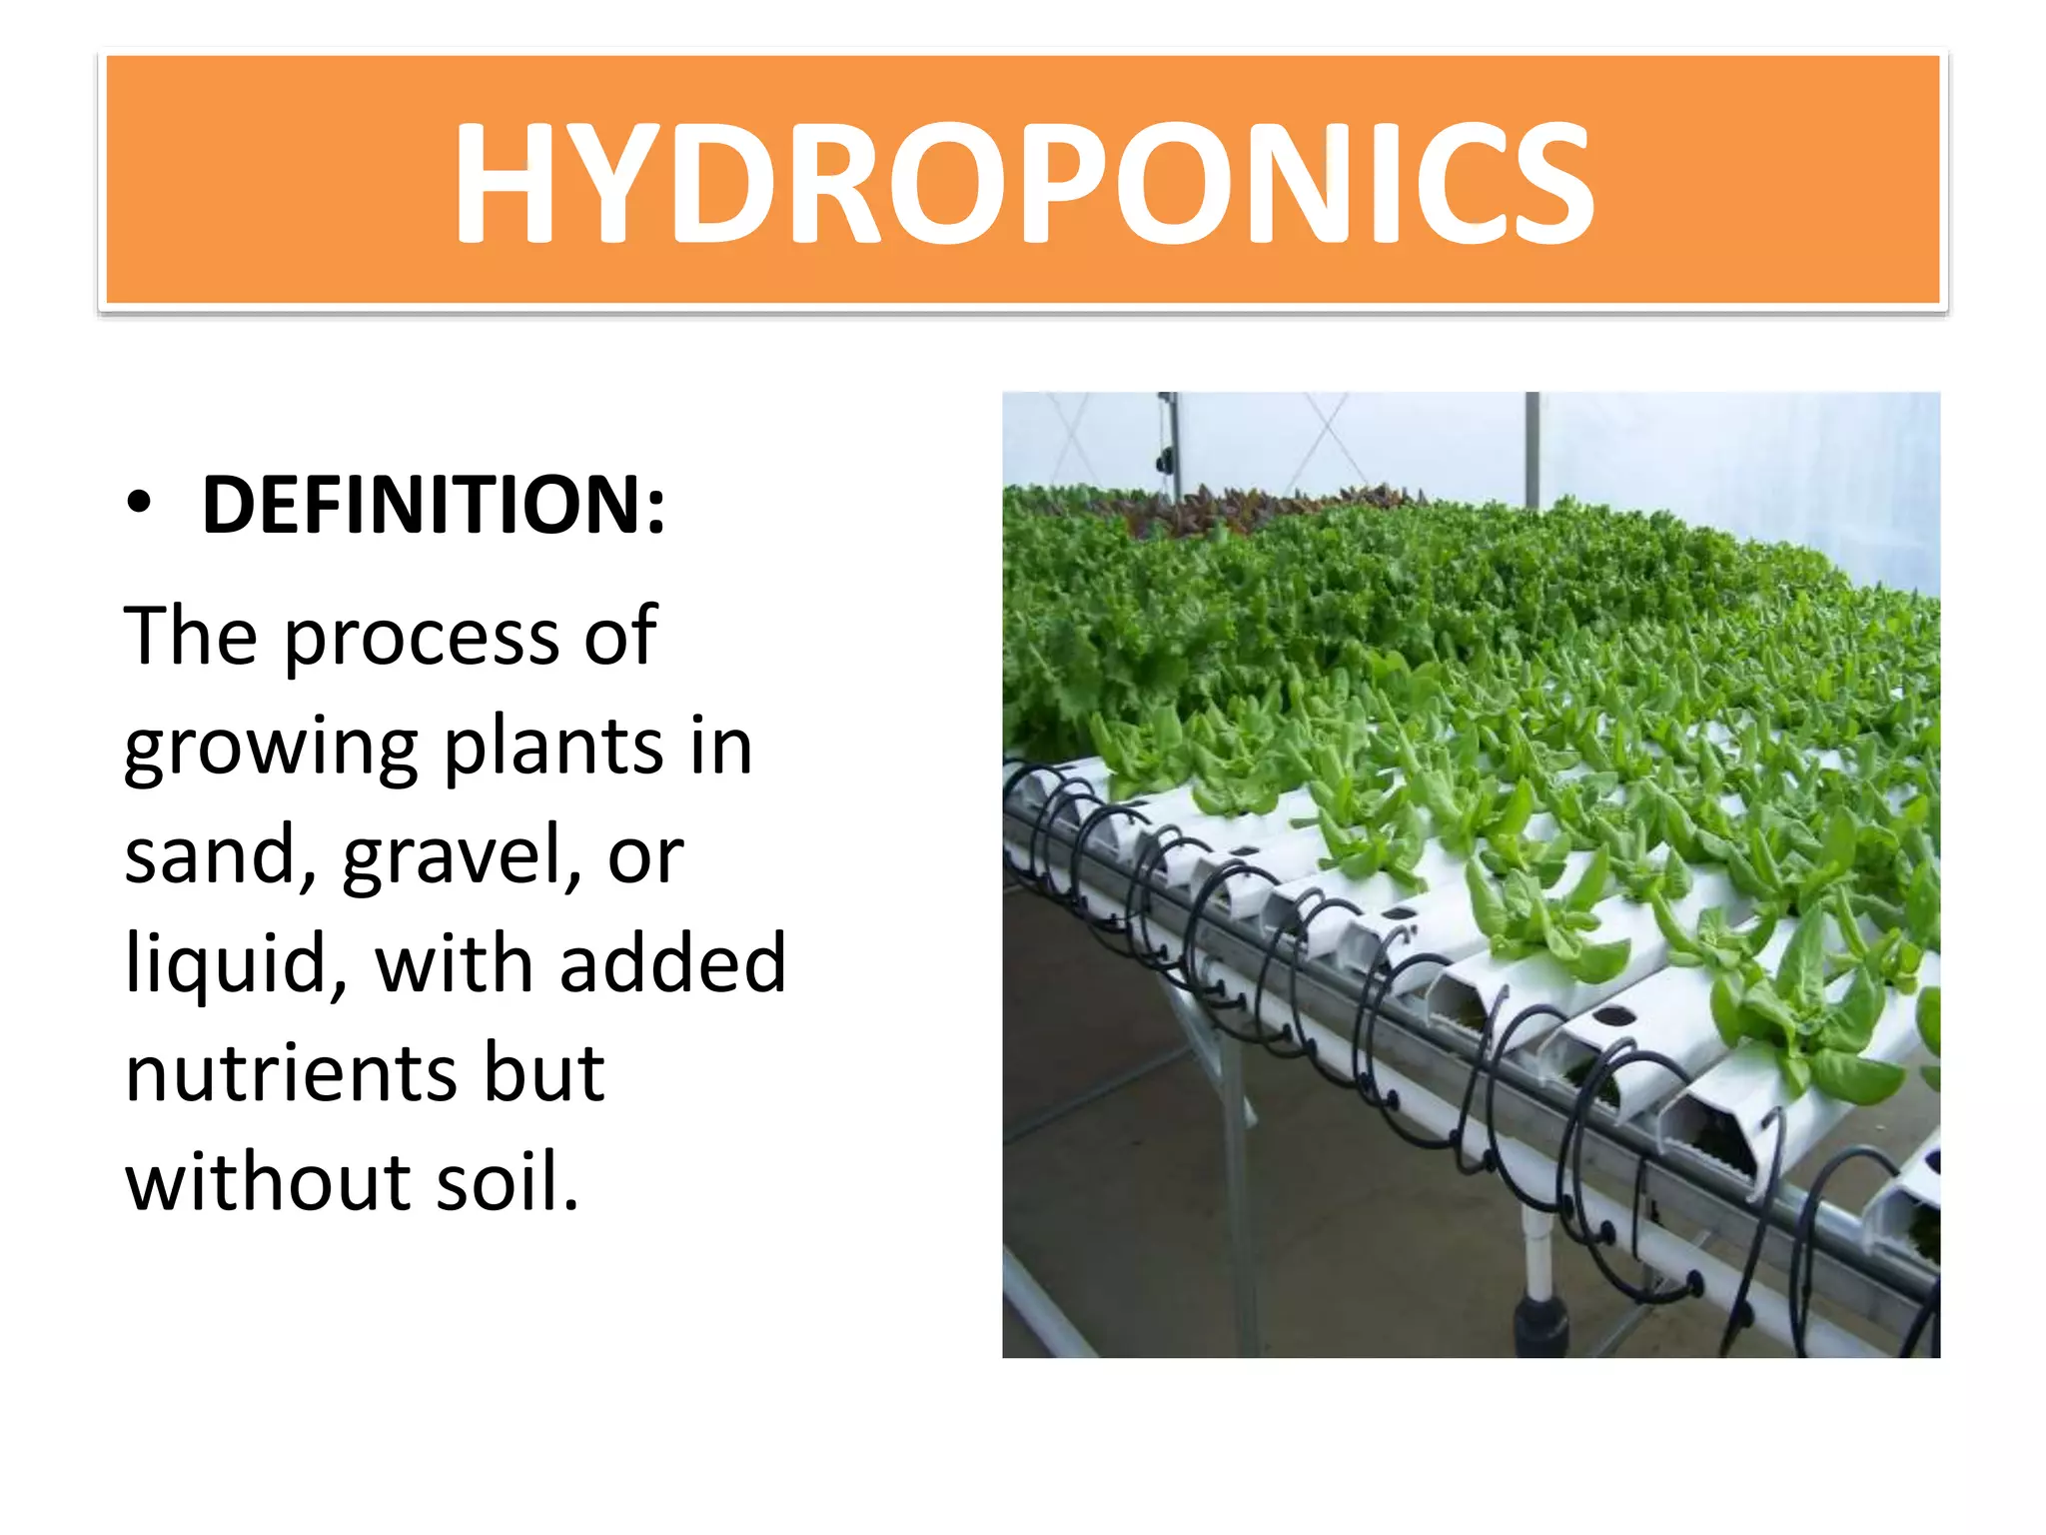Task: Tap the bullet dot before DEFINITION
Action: point(140,503)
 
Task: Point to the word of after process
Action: point(620,637)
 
